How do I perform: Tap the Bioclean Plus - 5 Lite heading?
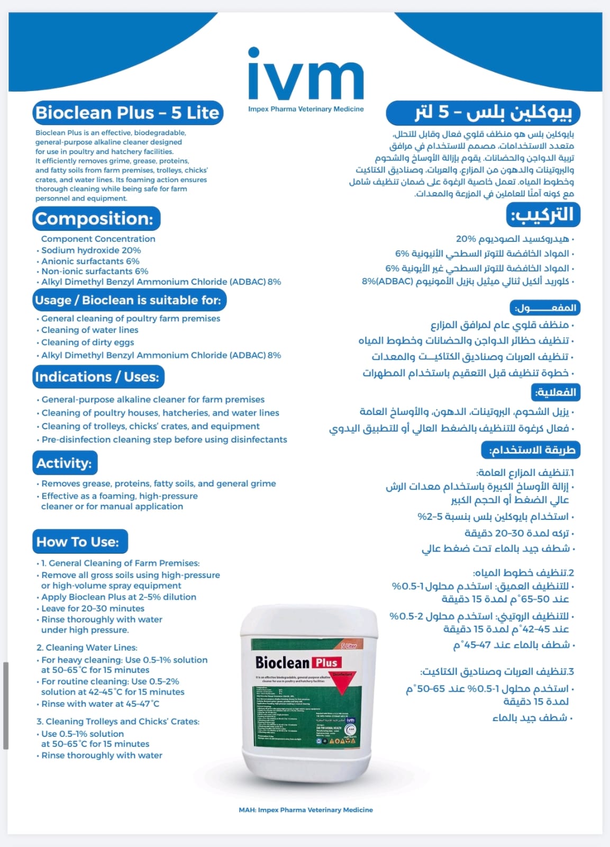[x=127, y=113]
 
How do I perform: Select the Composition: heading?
[x=96, y=219]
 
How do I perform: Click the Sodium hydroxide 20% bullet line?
[x=91, y=250]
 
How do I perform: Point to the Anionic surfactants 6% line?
[x=90, y=261]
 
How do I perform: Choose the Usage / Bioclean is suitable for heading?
[x=129, y=300]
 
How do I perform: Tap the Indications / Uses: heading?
[x=97, y=377]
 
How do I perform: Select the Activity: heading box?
[x=65, y=463]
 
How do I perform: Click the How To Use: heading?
[x=79, y=542]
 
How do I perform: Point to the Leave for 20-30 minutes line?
[x=93, y=608]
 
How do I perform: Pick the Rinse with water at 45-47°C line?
[x=100, y=704]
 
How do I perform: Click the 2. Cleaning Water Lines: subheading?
[x=87, y=647]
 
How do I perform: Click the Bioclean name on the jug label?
[x=282, y=663]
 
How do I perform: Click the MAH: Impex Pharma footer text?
[x=306, y=810]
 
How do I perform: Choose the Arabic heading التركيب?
[x=542, y=215]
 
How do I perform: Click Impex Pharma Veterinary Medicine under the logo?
[x=306, y=109]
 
